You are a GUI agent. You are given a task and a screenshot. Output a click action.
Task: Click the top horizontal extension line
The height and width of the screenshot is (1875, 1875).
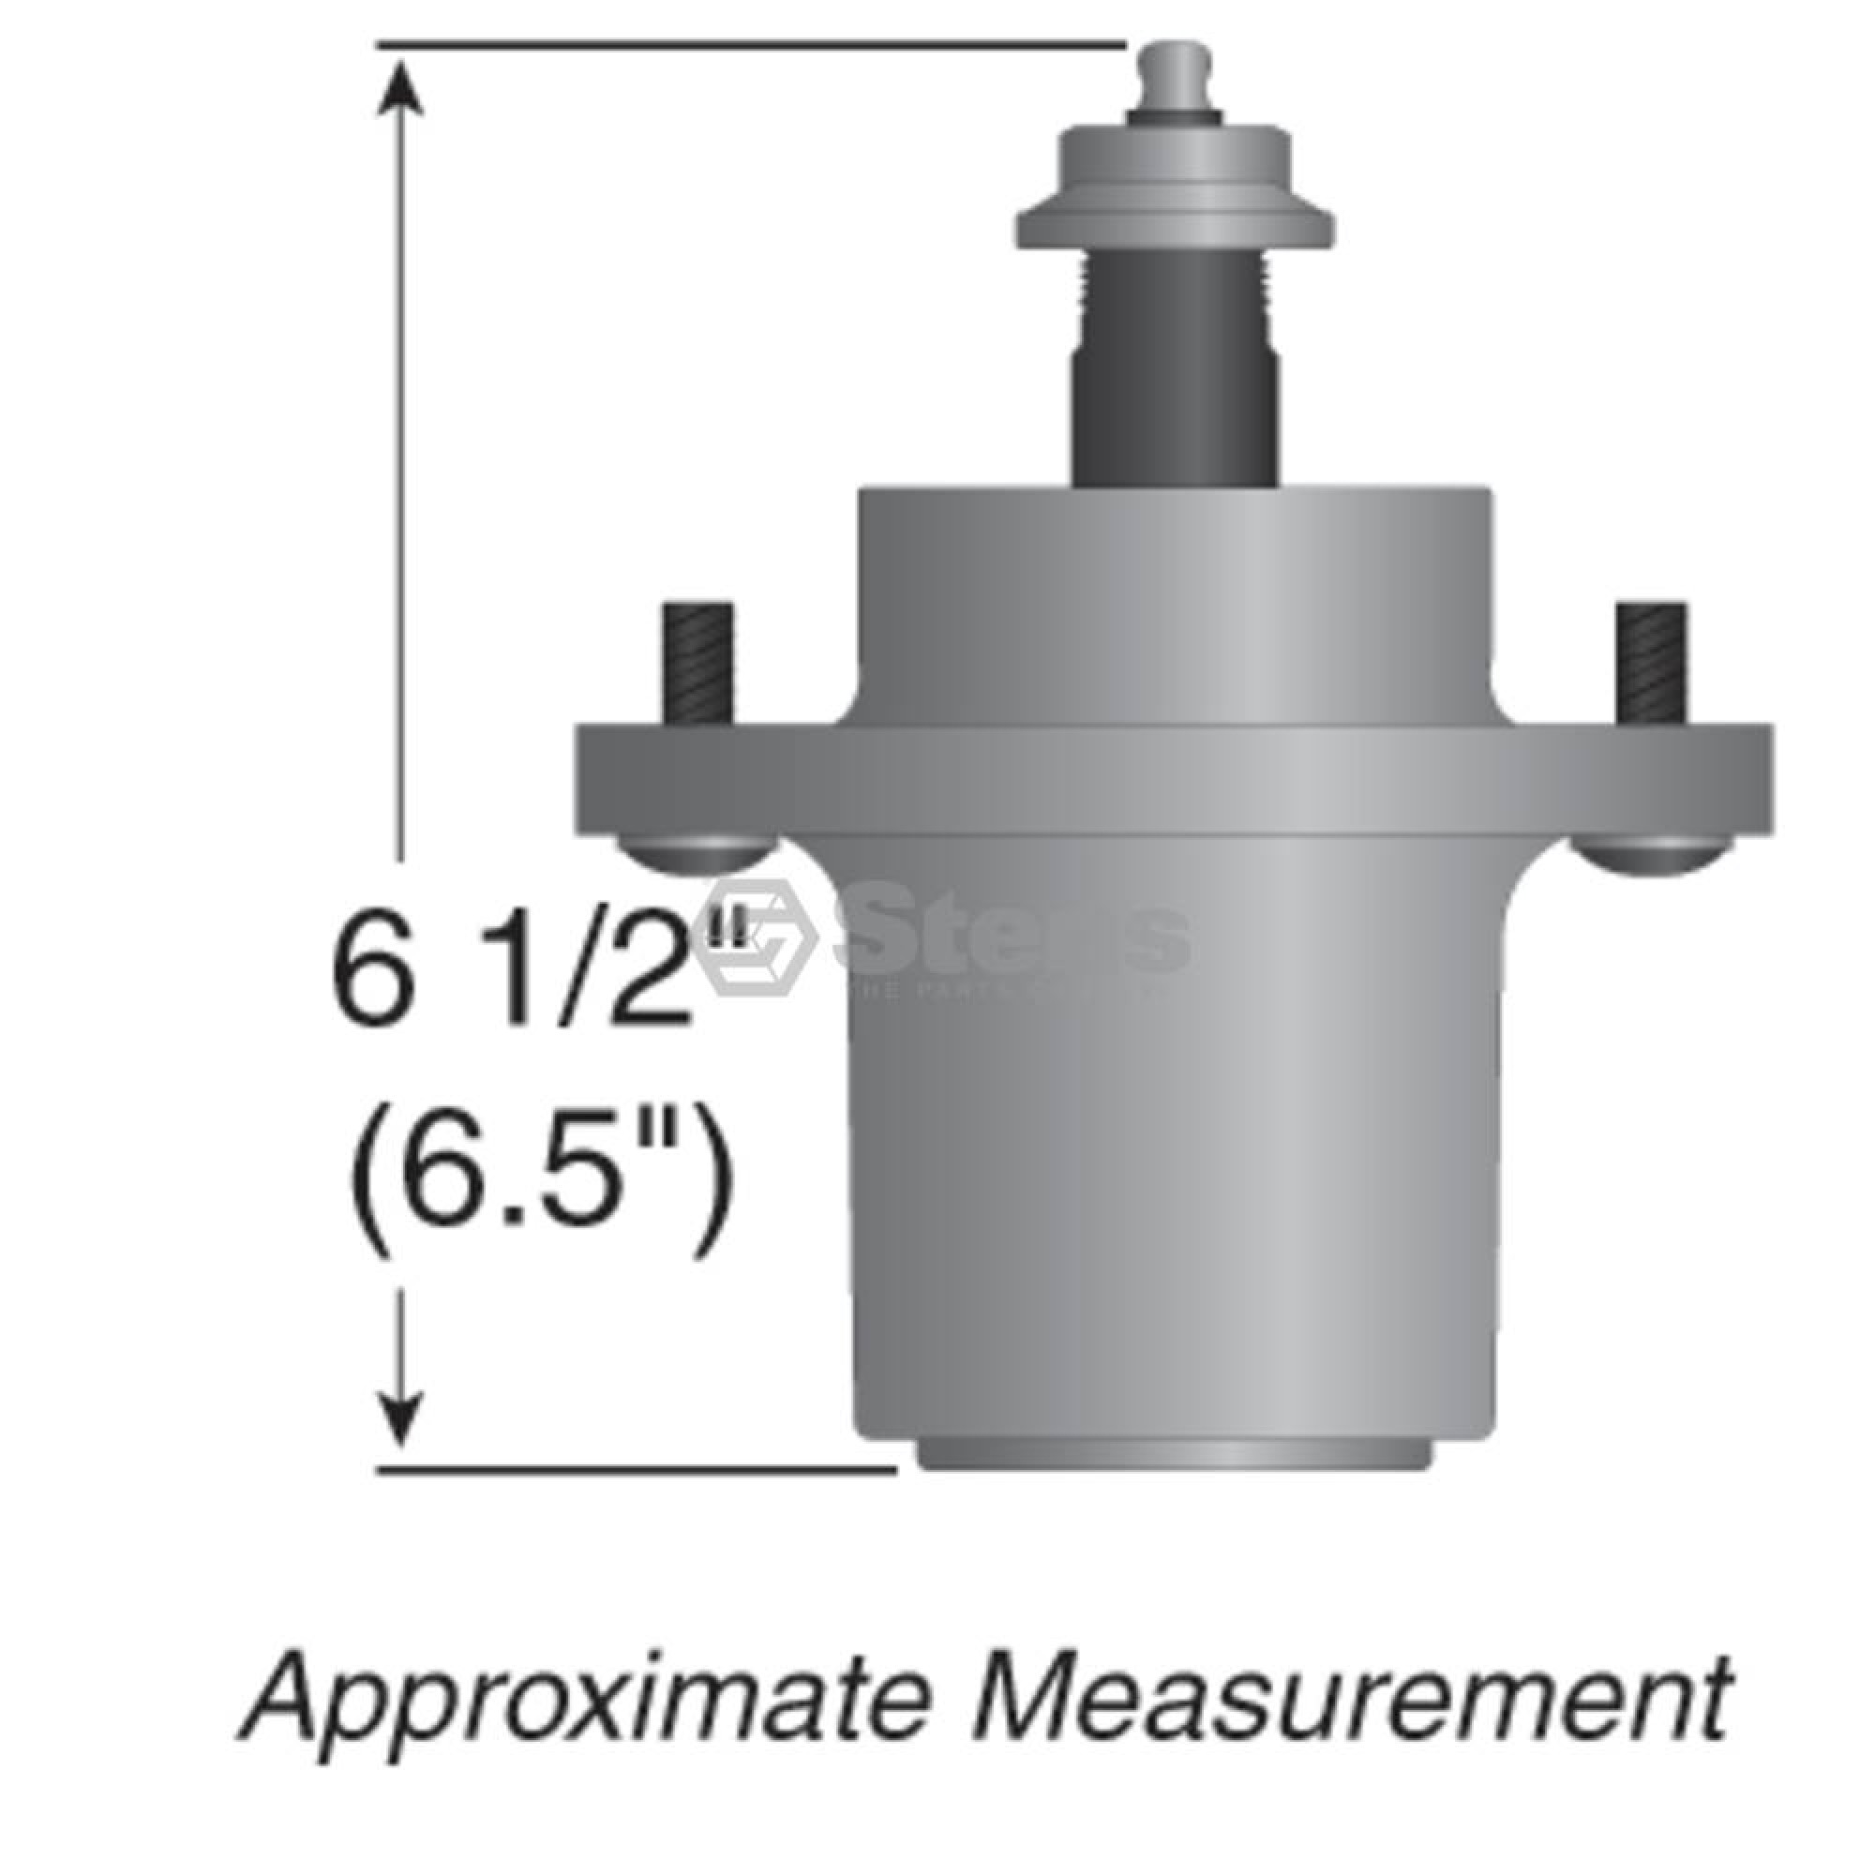747,44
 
